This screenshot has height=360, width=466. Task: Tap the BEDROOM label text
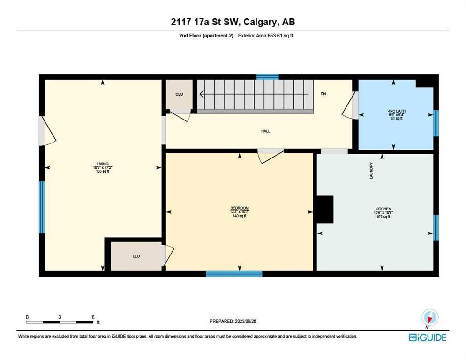pos(239,208)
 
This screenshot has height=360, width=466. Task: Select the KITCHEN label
pos(383,209)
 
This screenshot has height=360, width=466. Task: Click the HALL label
pos(266,131)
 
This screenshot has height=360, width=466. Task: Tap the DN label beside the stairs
pos(323,94)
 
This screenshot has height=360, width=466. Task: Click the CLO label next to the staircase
pos(179,94)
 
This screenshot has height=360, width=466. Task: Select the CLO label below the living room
pos(136,256)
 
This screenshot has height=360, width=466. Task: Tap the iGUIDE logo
pos(427,337)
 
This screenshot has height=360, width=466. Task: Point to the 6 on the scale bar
pos(93,317)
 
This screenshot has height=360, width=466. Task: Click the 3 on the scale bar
pos(60,317)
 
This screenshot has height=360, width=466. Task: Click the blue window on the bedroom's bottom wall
pos(234,274)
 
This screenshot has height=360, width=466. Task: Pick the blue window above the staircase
pos(267,77)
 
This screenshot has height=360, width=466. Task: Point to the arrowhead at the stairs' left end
pos(201,94)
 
